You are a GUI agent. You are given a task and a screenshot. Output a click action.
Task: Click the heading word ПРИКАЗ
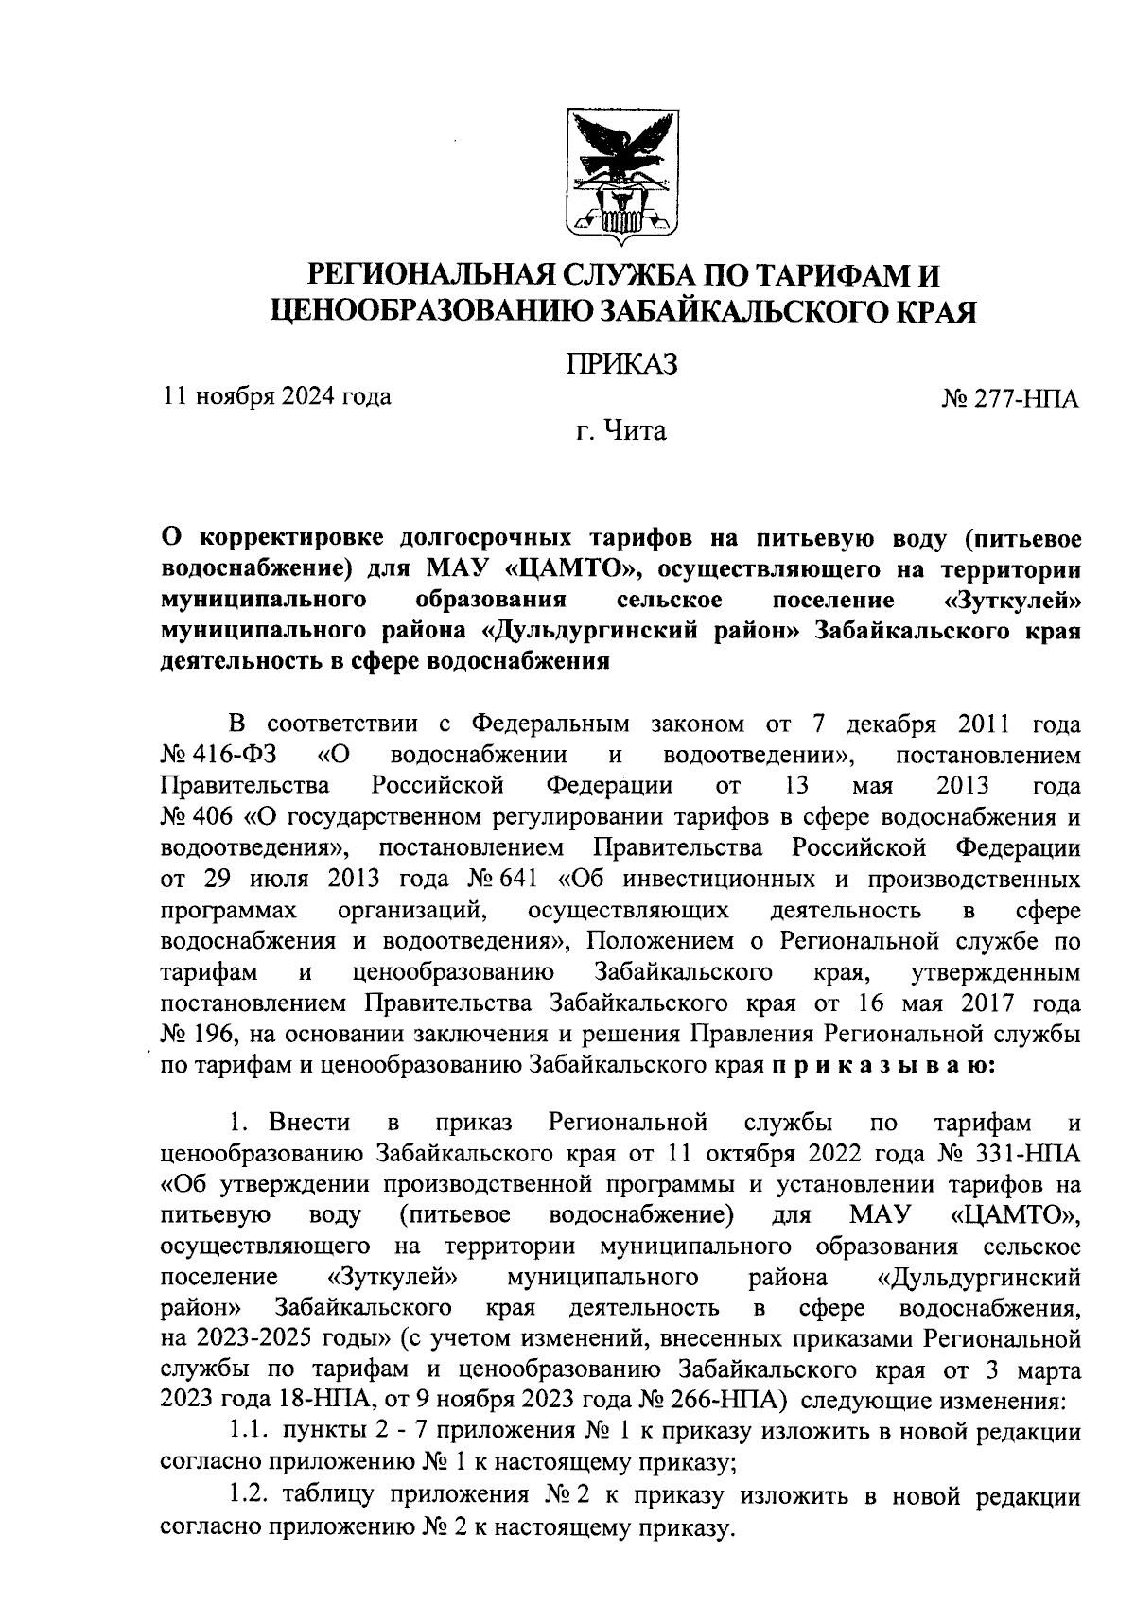(x=621, y=364)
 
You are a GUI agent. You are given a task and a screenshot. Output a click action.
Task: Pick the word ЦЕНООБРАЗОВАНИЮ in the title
(x=431, y=310)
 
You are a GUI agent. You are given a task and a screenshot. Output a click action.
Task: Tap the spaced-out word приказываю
(x=882, y=1065)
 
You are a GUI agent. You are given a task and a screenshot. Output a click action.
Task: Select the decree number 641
(x=517, y=879)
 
